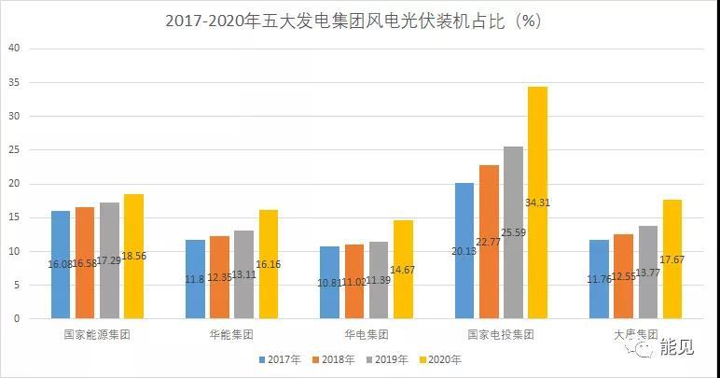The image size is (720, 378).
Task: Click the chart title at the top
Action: [359, 20]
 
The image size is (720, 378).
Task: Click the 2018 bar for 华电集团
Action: [354, 281]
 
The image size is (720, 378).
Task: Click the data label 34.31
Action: [537, 203]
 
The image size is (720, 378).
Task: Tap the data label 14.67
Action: [402, 270]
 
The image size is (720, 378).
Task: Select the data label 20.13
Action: [464, 275]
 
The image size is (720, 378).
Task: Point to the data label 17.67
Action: [672, 259]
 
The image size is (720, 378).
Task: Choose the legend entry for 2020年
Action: [442, 358]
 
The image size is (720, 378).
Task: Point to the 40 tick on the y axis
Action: [14, 49]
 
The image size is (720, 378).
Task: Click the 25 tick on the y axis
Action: [14, 149]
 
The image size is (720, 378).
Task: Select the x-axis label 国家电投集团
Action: [500, 334]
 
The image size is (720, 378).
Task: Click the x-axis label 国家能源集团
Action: [97, 334]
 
